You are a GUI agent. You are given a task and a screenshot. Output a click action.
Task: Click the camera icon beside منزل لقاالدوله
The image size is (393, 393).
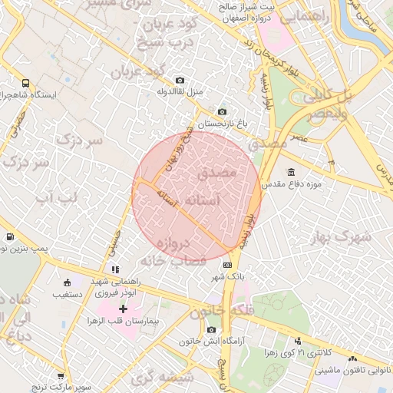click(180, 81)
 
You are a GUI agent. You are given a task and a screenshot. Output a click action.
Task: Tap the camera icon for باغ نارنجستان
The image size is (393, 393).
click(222, 112)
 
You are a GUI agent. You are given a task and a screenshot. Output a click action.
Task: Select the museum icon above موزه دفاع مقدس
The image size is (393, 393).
click(291, 172)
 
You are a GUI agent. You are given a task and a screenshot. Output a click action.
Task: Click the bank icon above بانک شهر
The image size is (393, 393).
click(226, 264)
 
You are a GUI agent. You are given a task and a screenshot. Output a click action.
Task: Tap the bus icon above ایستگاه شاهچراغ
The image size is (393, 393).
click(26, 83)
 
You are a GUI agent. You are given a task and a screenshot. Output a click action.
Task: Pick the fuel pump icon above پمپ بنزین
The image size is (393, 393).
click(9, 237)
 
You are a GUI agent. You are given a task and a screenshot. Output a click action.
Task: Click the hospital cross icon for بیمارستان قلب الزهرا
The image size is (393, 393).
click(124, 308)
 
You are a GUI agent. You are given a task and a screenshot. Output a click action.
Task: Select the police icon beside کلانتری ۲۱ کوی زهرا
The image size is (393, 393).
click(297, 341)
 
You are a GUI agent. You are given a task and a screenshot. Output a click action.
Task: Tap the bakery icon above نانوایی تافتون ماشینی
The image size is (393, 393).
click(352, 359)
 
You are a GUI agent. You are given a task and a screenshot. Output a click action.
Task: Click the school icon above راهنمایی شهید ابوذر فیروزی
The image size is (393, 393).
click(115, 269)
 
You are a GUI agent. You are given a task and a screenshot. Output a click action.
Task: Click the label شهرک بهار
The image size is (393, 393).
click(345, 236)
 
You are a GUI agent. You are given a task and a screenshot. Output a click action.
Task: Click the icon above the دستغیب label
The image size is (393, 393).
click(66, 282)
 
